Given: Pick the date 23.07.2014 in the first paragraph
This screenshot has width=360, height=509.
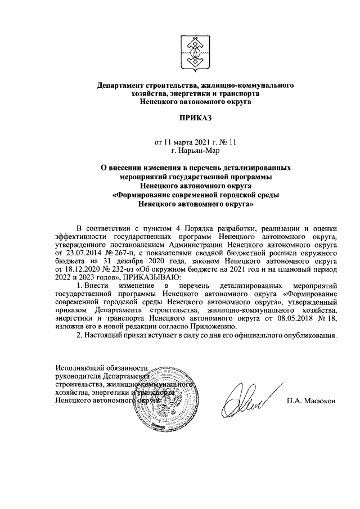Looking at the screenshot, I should point(82,254).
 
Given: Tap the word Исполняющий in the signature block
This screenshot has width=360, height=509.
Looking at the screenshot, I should point(76,368).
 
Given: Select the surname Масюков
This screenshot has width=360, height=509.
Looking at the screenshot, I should point(319,402).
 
